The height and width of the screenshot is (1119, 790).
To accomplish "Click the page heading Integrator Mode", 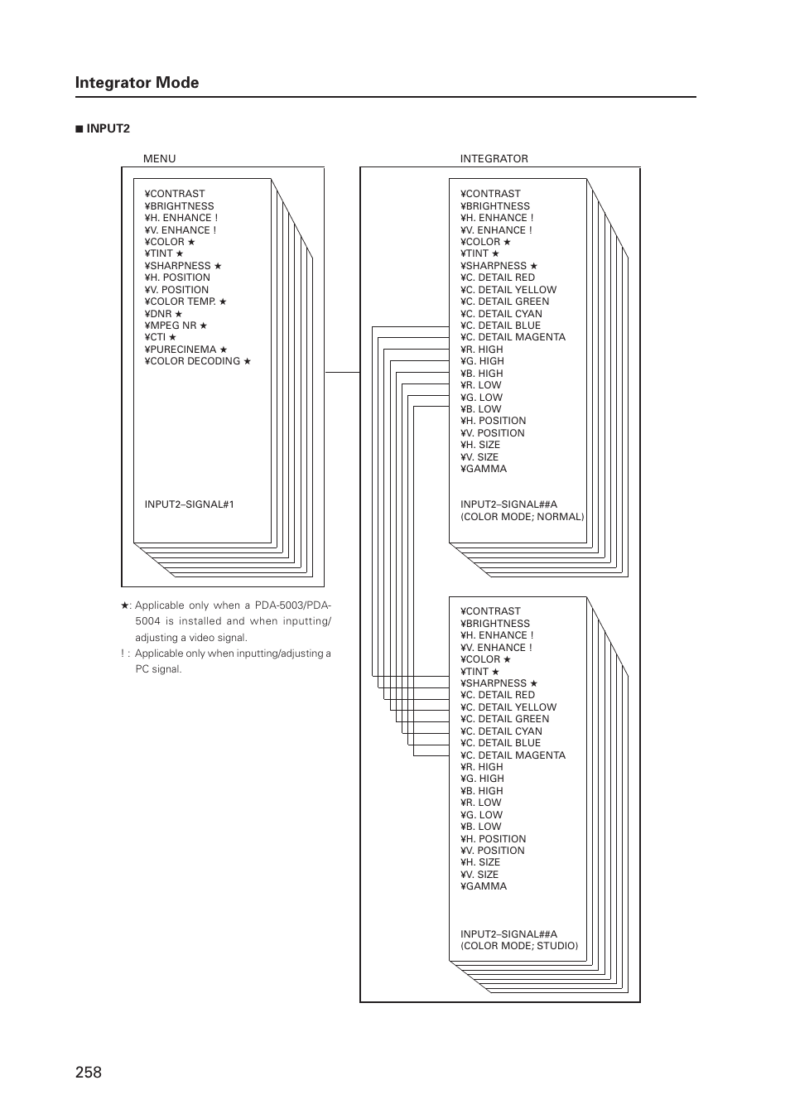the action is click(x=137, y=82).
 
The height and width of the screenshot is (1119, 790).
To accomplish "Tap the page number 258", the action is click(x=88, y=1072).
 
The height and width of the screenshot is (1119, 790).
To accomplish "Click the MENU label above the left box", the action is click(x=159, y=158).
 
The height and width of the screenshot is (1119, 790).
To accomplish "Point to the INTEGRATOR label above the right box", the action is click(x=494, y=158).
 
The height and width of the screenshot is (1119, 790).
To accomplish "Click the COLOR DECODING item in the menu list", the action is click(x=197, y=361).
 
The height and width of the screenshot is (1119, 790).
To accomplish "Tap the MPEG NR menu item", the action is click(x=176, y=326).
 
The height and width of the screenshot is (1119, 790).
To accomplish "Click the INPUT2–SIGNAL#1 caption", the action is click(x=189, y=504).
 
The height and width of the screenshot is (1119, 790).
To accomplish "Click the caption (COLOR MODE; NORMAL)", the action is click(x=522, y=517).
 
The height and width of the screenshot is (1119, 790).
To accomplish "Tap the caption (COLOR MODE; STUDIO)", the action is click(x=519, y=946).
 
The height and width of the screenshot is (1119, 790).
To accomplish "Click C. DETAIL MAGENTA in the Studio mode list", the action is click(x=513, y=755).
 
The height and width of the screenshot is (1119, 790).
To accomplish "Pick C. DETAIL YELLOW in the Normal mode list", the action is click(x=508, y=290).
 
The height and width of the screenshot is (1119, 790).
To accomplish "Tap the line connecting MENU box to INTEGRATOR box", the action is click(x=342, y=372).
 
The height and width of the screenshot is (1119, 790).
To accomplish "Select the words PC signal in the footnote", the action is click(x=158, y=669).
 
